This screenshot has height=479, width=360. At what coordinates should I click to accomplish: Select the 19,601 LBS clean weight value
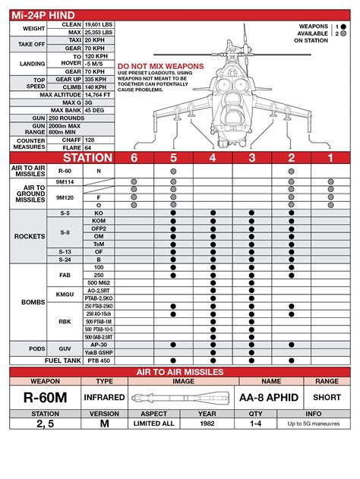click(98, 25)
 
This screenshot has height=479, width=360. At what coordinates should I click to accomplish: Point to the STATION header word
click(87, 158)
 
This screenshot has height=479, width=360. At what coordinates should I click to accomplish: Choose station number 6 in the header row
click(134, 158)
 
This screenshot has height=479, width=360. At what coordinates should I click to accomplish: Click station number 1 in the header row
click(330, 158)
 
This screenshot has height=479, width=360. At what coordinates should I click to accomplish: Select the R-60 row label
click(64, 172)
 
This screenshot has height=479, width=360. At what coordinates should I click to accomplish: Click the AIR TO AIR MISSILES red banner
click(179, 371)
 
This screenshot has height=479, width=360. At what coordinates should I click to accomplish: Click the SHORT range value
click(327, 397)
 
